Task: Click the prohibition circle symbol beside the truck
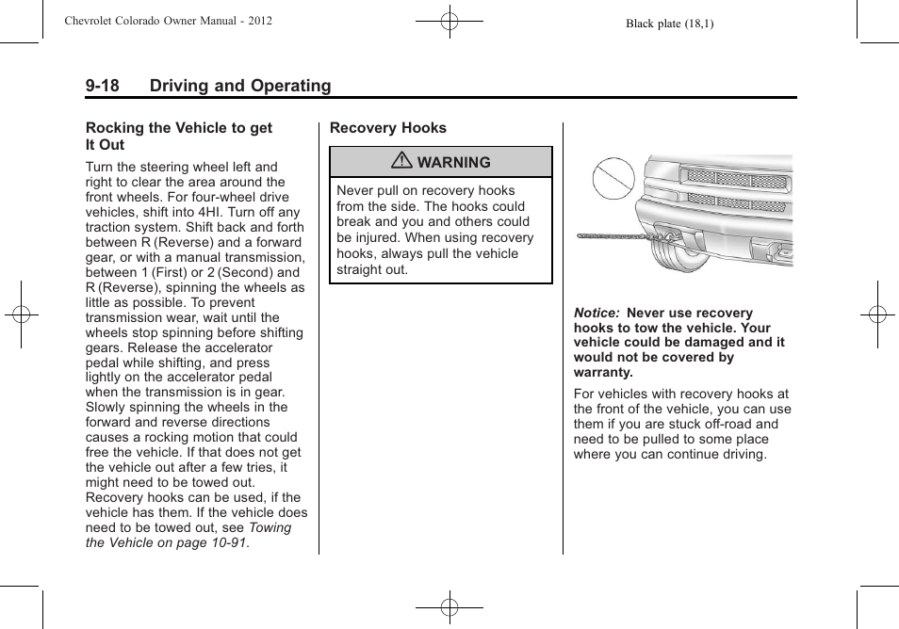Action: (x=613, y=182)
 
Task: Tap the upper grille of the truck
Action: (x=736, y=179)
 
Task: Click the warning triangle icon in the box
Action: (x=402, y=162)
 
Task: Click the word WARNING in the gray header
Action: (x=453, y=163)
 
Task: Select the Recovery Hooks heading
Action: (x=387, y=128)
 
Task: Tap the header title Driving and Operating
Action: (x=240, y=86)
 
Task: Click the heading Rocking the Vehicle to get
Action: (x=178, y=128)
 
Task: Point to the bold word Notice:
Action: (x=597, y=314)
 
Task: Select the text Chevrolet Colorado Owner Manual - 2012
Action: (x=169, y=21)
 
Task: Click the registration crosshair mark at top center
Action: (x=449, y=20)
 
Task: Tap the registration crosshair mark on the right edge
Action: (x=877, y=314)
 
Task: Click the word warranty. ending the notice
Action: (x=603, y=372)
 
